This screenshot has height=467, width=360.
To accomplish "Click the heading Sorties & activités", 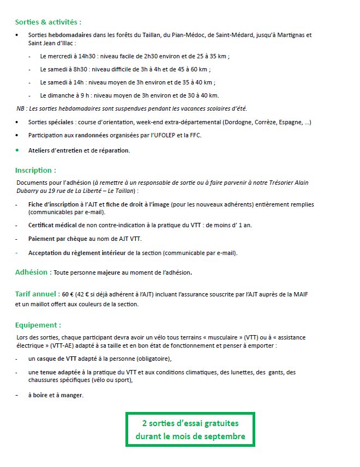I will click(48, 22).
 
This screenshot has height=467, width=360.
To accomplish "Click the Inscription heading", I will click(35, 171).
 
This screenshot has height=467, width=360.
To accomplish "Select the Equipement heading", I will click(38, 325).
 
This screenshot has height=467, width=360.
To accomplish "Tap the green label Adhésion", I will click(33, 272).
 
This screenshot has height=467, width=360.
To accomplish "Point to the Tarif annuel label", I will click(37, 294).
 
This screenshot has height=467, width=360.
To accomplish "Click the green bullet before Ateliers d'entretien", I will click(17, 150).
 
